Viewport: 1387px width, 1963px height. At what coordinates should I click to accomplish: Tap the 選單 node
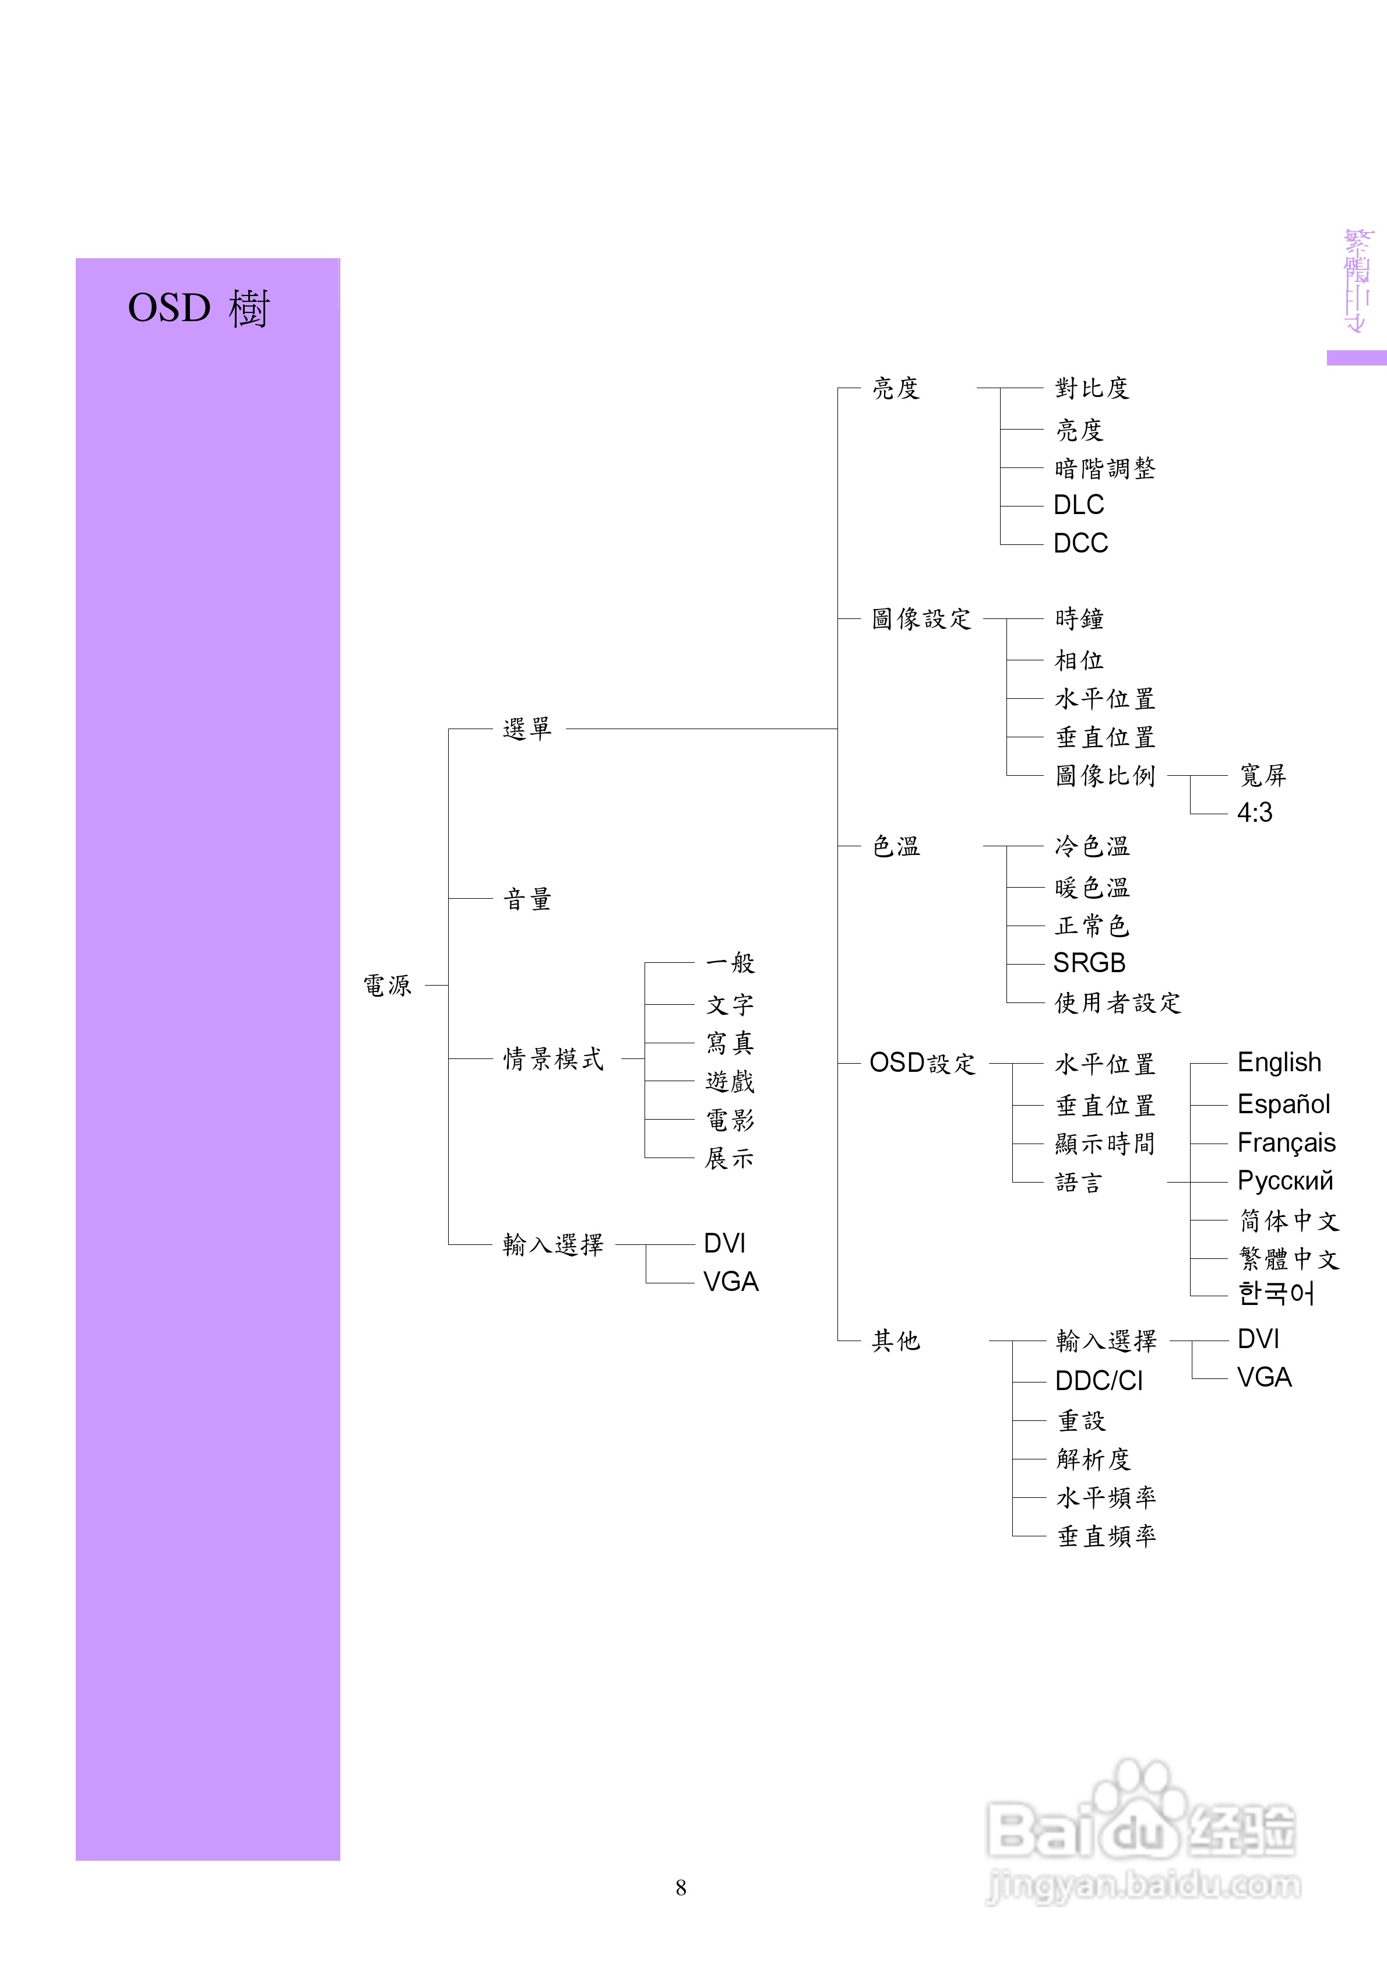pyautogui.click(x=527, y=729)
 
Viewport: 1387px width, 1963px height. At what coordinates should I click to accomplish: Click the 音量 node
pyautogui.click(x=527, y=899)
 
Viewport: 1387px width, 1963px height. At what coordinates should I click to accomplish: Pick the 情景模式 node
pyautogui.click(x=553, y=1059)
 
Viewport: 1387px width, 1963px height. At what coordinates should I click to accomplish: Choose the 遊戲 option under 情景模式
pyautogui.click(x=730, y=1082)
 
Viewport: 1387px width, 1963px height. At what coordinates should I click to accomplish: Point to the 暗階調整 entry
pyautogui.click(x=1105, y=469)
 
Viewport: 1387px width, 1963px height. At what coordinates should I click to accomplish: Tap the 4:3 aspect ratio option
pyautogui.click(x=1255, y=813)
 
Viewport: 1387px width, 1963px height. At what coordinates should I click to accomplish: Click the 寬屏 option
pyautogui.click(x=1262, y=775)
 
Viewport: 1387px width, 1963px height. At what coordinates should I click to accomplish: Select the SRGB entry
pyautogui.click(x=1089, y=963)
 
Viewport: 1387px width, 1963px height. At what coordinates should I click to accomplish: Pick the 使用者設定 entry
pyautogui.click(x=1118, y=1003)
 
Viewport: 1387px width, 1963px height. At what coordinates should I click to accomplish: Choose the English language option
pyautogui.click(x=1279, y=1063)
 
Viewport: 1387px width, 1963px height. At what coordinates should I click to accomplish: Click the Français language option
pyautogui.click(x=1286, y=1143)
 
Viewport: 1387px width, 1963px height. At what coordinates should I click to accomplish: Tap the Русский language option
pyautogui.click(x=1285, y=1181)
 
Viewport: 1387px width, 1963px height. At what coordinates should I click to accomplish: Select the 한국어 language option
pyautogui.click(x=1276, y=1293)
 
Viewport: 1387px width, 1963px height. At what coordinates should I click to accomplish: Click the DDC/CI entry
pyautogui.click(x=1099, y=1381)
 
